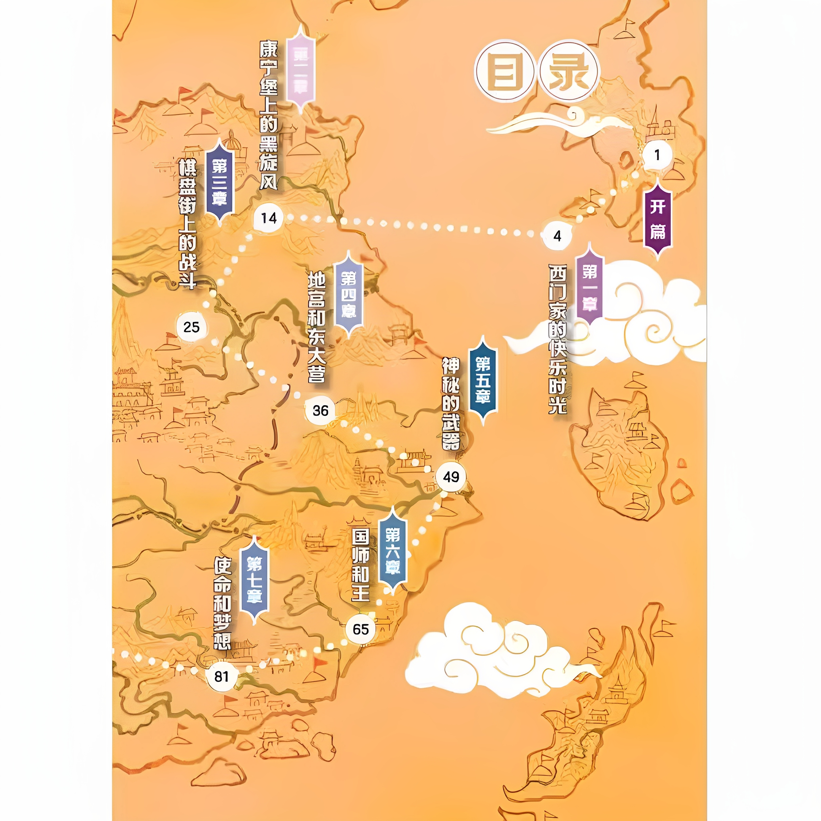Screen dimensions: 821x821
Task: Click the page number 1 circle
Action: tap(657, 155)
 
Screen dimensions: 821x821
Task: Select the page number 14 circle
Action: tap(269, 218)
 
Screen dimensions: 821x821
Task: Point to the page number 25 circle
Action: tap(191, 327)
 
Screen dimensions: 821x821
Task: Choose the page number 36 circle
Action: tap(320, 410)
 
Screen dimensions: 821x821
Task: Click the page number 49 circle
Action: tap(451, 477)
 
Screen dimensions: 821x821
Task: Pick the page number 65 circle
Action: tap(360, 629)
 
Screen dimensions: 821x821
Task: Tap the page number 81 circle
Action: tap(221, 677)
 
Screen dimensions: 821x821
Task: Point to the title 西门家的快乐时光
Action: tap(557, 339)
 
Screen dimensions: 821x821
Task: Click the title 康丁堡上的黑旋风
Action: tap(269, 115)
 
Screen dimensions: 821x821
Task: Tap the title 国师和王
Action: tap(360, 565)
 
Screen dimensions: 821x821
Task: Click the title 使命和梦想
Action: tap(222, 603)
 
